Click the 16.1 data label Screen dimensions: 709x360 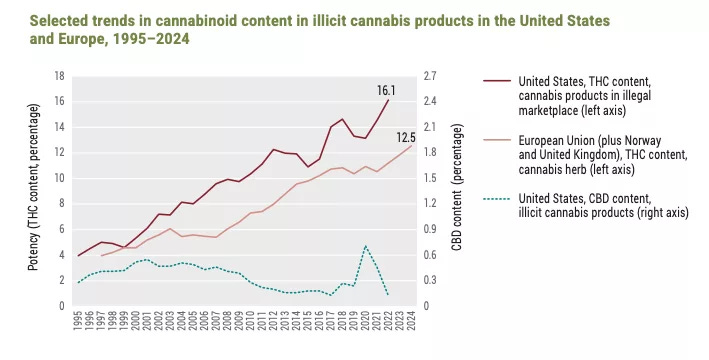point(386,90)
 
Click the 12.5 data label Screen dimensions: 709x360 point(406,137)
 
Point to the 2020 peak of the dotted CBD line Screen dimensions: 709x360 point(365,246)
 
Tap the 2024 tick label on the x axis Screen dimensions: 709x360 point(411,320)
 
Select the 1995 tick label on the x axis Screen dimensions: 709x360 point(78,320)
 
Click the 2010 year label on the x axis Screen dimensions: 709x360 point(251,320)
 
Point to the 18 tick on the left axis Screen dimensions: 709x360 point(60,76)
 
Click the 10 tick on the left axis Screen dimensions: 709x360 point(60,178)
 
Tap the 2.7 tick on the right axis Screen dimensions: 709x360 point(430,76)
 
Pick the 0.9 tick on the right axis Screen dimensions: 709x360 point(430,229)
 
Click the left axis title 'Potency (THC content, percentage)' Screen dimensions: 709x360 point(33,187)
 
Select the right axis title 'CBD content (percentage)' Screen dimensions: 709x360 point(457,187)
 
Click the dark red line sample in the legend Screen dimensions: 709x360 point(497,81)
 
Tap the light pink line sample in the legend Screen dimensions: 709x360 point(497,140)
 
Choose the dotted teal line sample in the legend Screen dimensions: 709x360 point(497,199)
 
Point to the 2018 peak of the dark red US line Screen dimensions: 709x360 point(342,119)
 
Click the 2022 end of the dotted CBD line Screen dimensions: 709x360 point(388,295)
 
